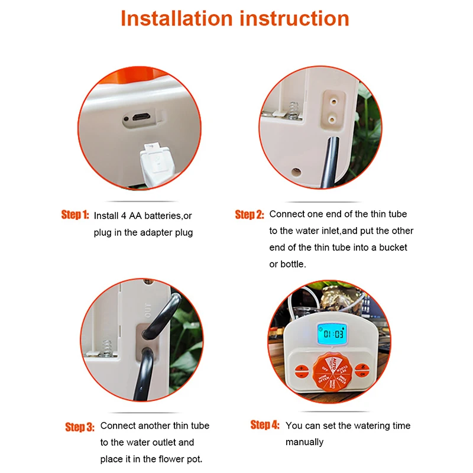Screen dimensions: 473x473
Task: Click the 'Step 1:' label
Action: (x=74, y=215)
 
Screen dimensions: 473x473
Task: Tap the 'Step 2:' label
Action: (x=249, y=215)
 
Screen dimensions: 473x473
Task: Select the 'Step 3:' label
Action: (x=79, y=427)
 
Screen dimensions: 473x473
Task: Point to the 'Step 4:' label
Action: (x=264, y=425)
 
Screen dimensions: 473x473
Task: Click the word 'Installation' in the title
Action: (x=177, y=18)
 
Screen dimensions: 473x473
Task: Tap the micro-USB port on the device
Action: (x=140, y=117)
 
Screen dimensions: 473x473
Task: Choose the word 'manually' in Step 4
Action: (x=304, y=442)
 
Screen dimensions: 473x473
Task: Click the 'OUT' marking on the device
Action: (x=148, y=309)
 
